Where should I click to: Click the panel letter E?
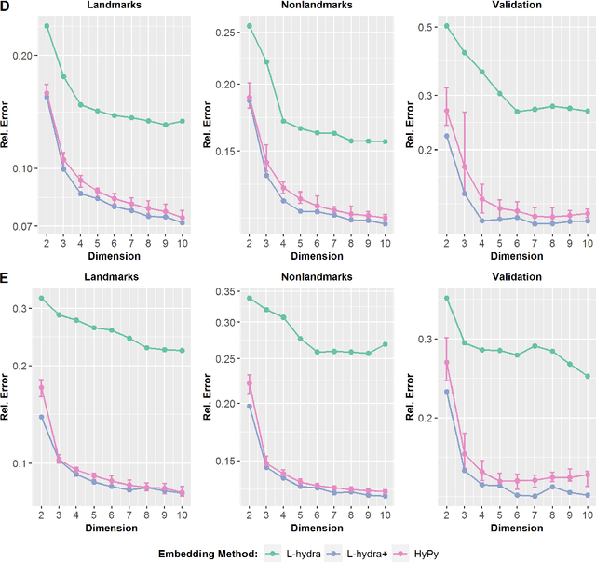coord(7,277)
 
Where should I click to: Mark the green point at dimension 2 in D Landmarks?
coord(47,26)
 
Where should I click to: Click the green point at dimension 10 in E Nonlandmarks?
coord(385,344)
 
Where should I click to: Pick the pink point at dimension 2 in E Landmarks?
coord(41,388)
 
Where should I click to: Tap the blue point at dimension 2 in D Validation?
coord(447,136)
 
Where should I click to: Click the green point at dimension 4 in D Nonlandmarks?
coord(283,121)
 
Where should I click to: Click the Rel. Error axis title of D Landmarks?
coord(7,125)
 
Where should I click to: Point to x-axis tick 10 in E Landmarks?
coord(183,515)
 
